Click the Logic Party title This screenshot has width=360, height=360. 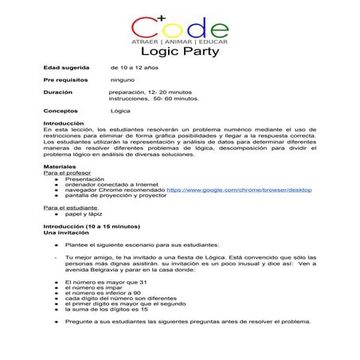pos(180,53)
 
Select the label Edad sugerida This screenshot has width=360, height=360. pos(66,68)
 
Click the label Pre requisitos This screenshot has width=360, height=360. pos(65,80)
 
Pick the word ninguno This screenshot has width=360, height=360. pos(122,80)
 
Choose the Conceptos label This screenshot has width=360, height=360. pos(61,112)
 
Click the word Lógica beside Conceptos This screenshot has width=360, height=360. pos(120,112)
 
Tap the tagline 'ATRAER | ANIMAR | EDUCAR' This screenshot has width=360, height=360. pos(180,40)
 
